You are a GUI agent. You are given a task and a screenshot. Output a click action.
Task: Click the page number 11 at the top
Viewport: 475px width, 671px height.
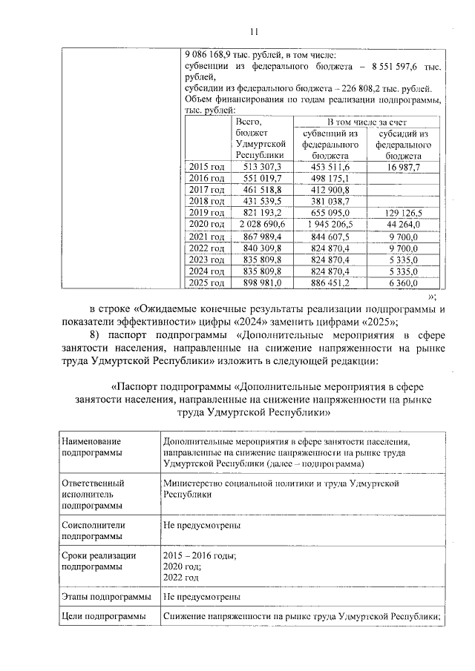click(253, 31)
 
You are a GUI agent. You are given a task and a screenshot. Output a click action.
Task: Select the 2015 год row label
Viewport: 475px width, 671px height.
click(206, 168)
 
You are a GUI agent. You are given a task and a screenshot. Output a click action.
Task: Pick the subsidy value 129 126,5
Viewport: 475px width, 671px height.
click(403, 213)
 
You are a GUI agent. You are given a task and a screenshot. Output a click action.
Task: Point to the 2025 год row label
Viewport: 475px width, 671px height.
click(206, 282)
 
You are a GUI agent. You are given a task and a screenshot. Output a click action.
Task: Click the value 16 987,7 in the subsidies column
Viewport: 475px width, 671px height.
click(403, 168)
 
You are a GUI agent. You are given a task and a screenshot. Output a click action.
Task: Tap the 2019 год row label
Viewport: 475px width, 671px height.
click(206, 213)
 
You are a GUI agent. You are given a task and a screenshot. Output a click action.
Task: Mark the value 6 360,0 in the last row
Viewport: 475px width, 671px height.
click(403, 282)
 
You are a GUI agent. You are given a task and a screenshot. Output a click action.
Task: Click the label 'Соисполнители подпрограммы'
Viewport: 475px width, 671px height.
click(94, 529)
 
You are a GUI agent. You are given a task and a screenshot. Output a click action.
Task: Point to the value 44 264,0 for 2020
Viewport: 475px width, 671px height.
click(403, 224)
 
